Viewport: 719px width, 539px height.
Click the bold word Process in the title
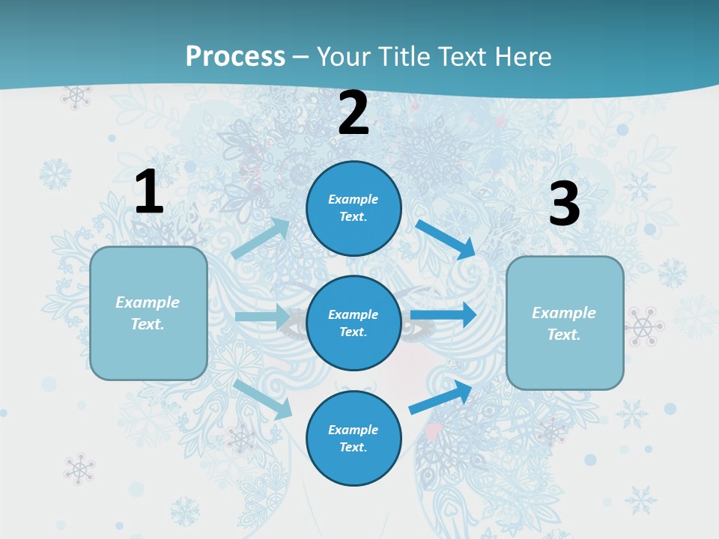[x=235, y=56]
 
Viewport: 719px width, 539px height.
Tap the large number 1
[x=149, y=192]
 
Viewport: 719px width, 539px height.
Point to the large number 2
[x=354, y=113]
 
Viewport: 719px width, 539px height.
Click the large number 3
[x=564, y=204]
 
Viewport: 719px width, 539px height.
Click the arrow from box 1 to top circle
[x=261, y=238]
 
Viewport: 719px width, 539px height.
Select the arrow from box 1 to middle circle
[x=263, y=317]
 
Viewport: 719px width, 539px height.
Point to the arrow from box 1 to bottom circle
[x=264, y=398]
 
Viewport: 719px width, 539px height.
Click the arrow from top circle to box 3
[x=446, y=240]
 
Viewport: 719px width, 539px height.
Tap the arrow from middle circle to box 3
[x=443, y=315]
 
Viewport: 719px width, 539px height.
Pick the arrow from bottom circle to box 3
[x=441, y=397]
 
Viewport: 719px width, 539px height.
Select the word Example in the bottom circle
[x=353, y=430]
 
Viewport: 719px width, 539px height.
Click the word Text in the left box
[x=147, y=324]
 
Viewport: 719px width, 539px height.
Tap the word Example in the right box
[x=564, y=313]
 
